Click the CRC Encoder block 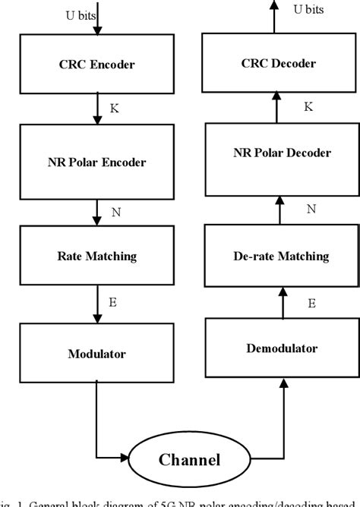(x=97, y=65)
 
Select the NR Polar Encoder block (x=97, y=161)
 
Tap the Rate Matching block (x=97, y=257)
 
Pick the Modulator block (x=97, y=353)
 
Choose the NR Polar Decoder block (x=281, y=153)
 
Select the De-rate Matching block (x=281, y=257)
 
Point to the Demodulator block (x=281, y=348)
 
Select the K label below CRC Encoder (x=115, y=109)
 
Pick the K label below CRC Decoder (x=309, y=107)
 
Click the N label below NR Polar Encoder (x=116, y=212)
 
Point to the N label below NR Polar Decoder (x=311, y=208)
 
